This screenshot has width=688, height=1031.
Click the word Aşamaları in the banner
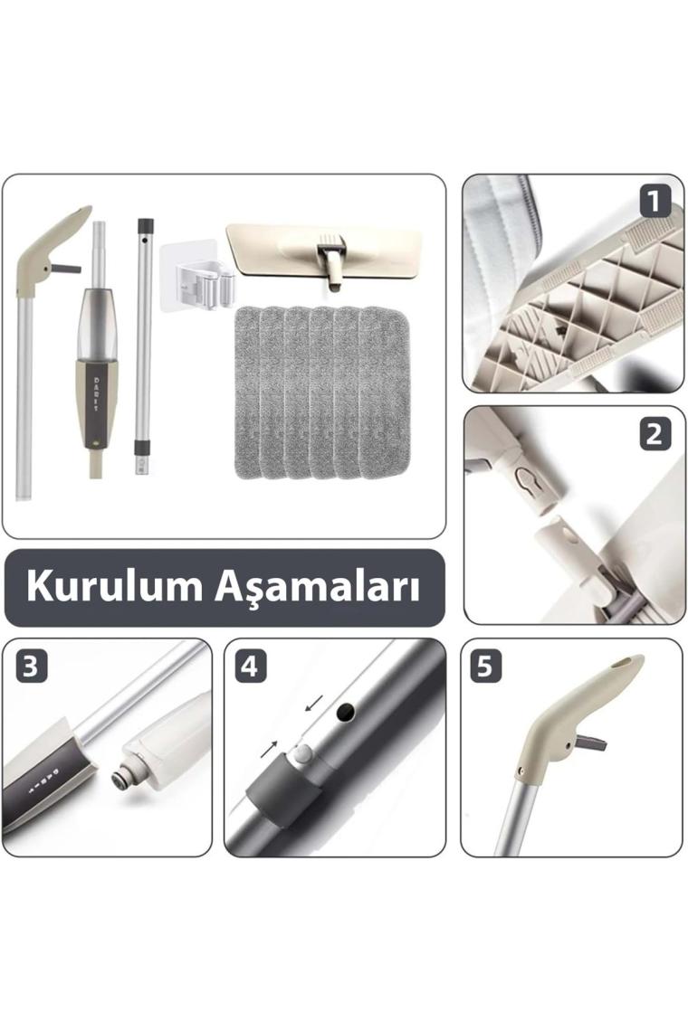click(x=317, y=587)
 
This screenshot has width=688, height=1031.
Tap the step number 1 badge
click(x=654, y=201)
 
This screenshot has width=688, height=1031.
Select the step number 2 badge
click(x=654, y=435)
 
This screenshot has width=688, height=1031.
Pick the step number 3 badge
click(x=31, y=666)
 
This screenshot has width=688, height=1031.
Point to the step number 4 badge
click(x=250, y=666)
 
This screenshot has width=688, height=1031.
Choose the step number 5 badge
click(x=485, y=666)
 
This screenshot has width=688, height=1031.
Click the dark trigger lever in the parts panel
click(x=66, y=269)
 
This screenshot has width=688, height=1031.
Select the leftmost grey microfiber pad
click(x=247, y=392)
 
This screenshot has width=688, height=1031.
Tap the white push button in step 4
click(x=302, y=753)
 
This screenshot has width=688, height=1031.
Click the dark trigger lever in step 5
click(x=590, y=743)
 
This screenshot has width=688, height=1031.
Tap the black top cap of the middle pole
click(x=146, y=225)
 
